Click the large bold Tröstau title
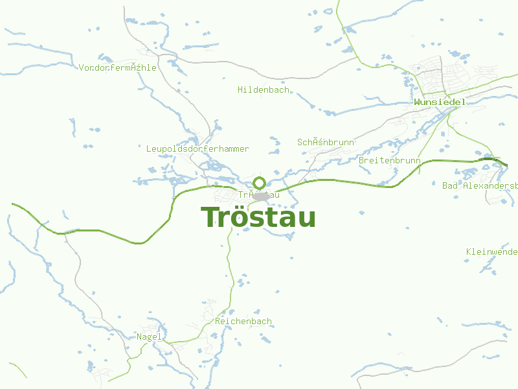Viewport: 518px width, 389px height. [x=258, y=217]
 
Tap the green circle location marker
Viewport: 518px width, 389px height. [x=260, y=183]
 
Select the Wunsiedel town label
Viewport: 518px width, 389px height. [x=440, y=102]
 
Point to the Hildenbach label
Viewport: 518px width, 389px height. [x=264, y=90]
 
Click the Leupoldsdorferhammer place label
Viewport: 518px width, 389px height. [x=197, y=149]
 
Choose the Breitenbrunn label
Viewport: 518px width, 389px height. [x=390, y=161]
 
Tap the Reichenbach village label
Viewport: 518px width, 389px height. [x=243, y=322]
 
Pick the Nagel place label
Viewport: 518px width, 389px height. [x=149, y=337]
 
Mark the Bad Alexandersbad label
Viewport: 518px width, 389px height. [x=480, y=186]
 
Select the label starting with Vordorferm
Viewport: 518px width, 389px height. [x=117, y=68]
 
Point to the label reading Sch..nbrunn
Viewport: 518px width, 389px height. [x=326, y=142]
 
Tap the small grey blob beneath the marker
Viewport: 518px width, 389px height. [x=262, y=196]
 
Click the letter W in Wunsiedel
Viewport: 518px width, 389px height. [x=417, y=102]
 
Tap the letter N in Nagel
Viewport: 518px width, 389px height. [x=139, y=337]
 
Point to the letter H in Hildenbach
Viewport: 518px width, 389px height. [x=240, y=90]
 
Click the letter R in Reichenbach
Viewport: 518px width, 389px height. [x=218, y=322]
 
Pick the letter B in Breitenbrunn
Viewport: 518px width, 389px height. [x=361, y=161]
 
